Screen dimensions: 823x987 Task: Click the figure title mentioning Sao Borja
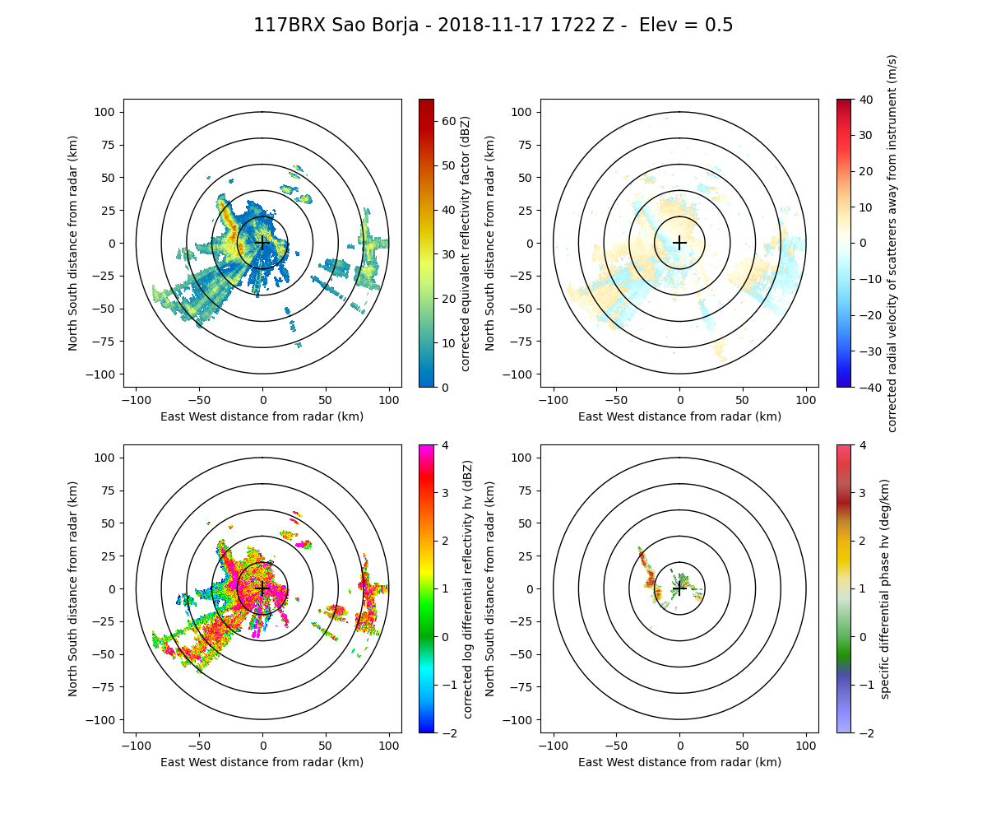[x=493, y=26]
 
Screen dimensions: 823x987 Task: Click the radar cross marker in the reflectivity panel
[x=262, y=243]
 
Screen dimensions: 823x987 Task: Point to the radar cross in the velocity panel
[x=679, y=243]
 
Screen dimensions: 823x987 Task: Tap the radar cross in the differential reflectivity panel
[x=262, y=588]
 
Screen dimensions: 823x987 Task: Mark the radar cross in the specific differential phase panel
[x=679, y=588]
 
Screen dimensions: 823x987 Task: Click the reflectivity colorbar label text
[x=466, y=243]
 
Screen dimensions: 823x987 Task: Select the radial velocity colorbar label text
[x=892, y=243]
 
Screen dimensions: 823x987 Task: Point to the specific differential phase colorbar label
[x=885, y=588]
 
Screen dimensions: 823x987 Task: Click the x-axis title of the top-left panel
[x=262, y=416]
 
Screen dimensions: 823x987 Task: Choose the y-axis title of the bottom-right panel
[x=490, y=588]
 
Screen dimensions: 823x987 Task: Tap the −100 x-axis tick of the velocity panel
[x=554, y=399]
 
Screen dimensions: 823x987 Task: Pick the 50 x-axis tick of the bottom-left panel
[x=326, y=745]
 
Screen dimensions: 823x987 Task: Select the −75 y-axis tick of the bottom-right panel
[x=524, y=687]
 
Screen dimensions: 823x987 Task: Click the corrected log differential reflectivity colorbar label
[x=467, y=588]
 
